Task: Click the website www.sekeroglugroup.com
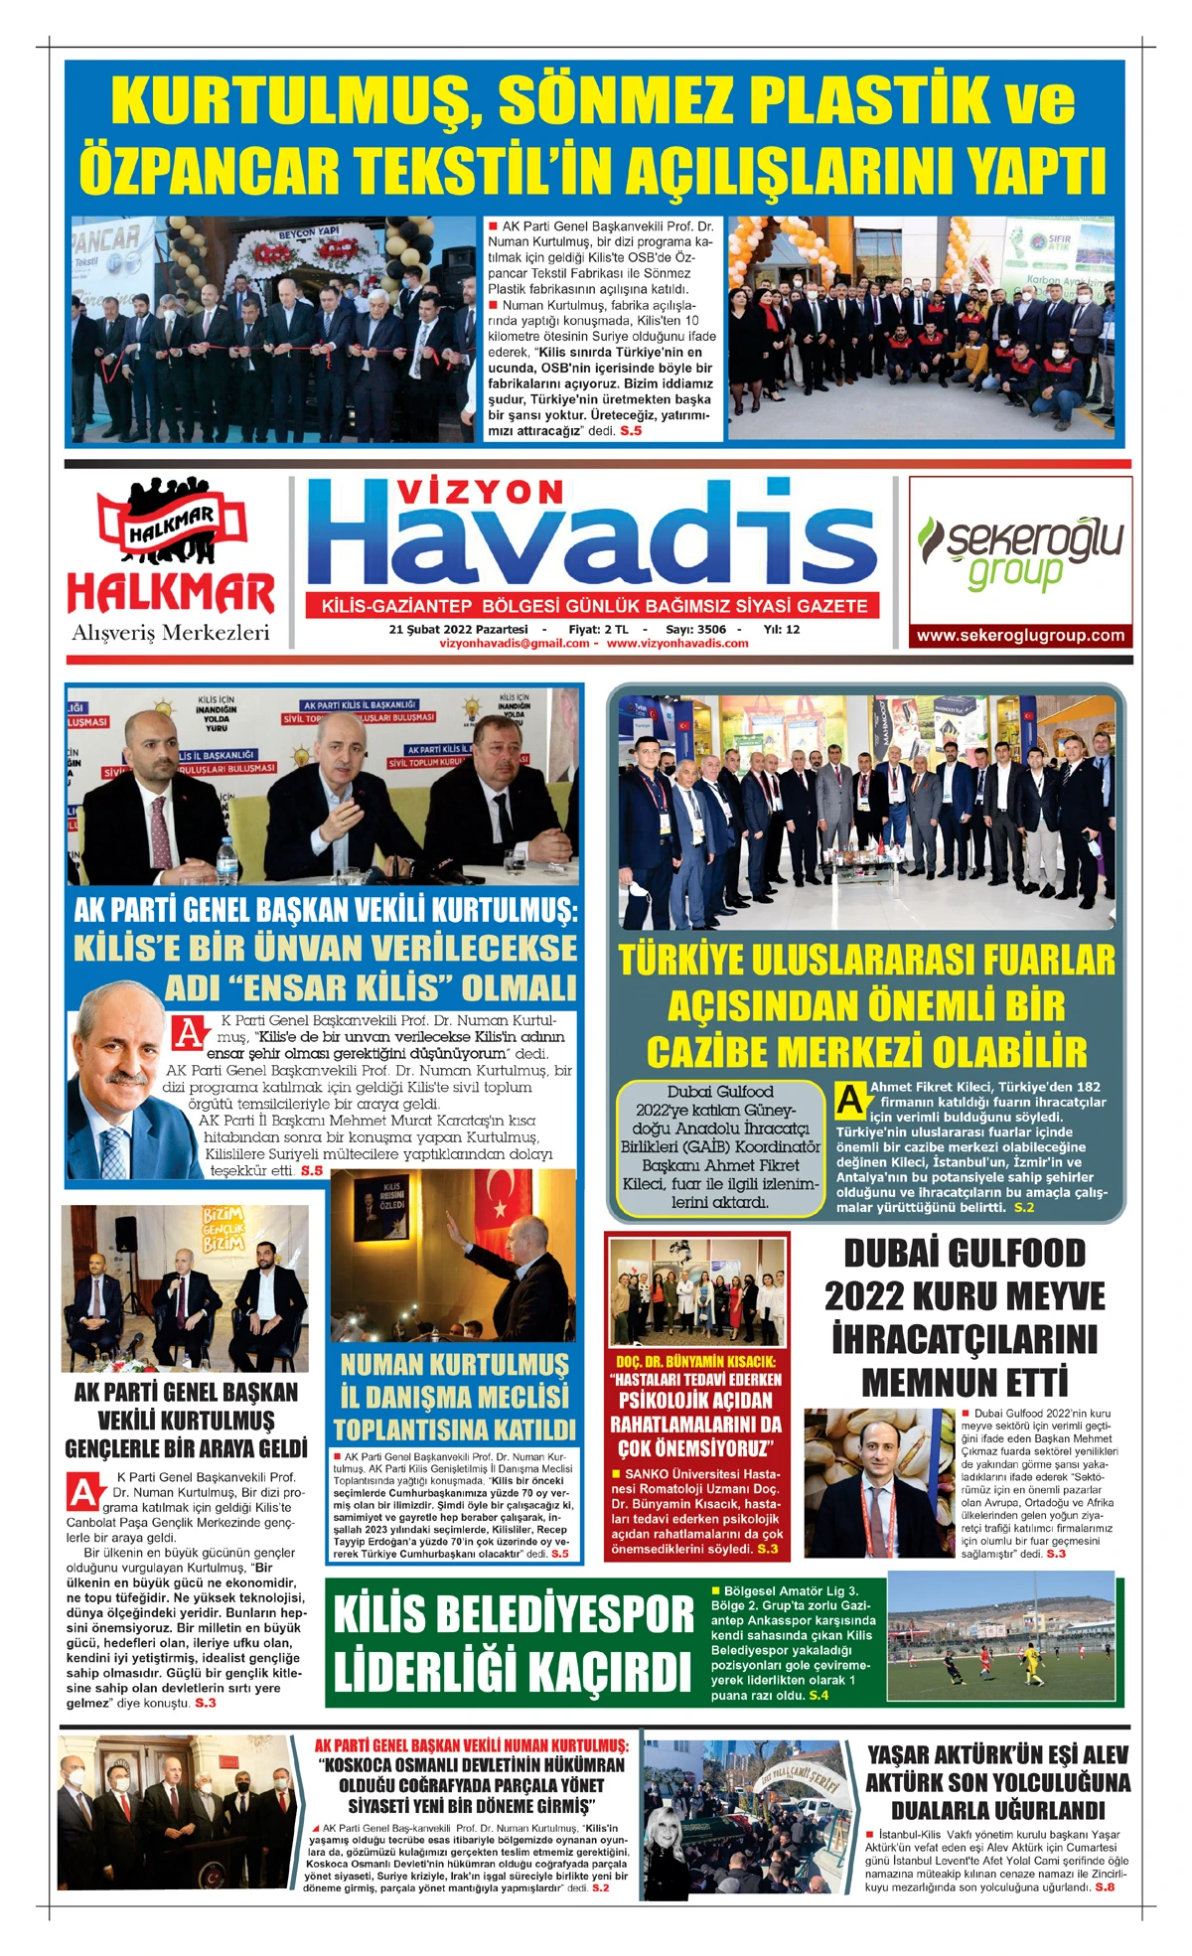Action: (x=1020, y=636)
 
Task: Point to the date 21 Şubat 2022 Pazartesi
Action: (x=458, y=629)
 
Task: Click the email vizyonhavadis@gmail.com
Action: (x=514, y=644)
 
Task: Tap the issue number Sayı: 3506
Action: (x=695, y=629)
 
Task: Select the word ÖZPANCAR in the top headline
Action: (x=210, y=171)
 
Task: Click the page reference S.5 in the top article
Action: (x=631, y=431)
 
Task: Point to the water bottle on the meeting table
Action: (x=227, y=860)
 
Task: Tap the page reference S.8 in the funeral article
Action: (x=1104, y=1886)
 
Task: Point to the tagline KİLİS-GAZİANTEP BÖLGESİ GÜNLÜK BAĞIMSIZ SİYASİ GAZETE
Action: (x=594, y=606)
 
